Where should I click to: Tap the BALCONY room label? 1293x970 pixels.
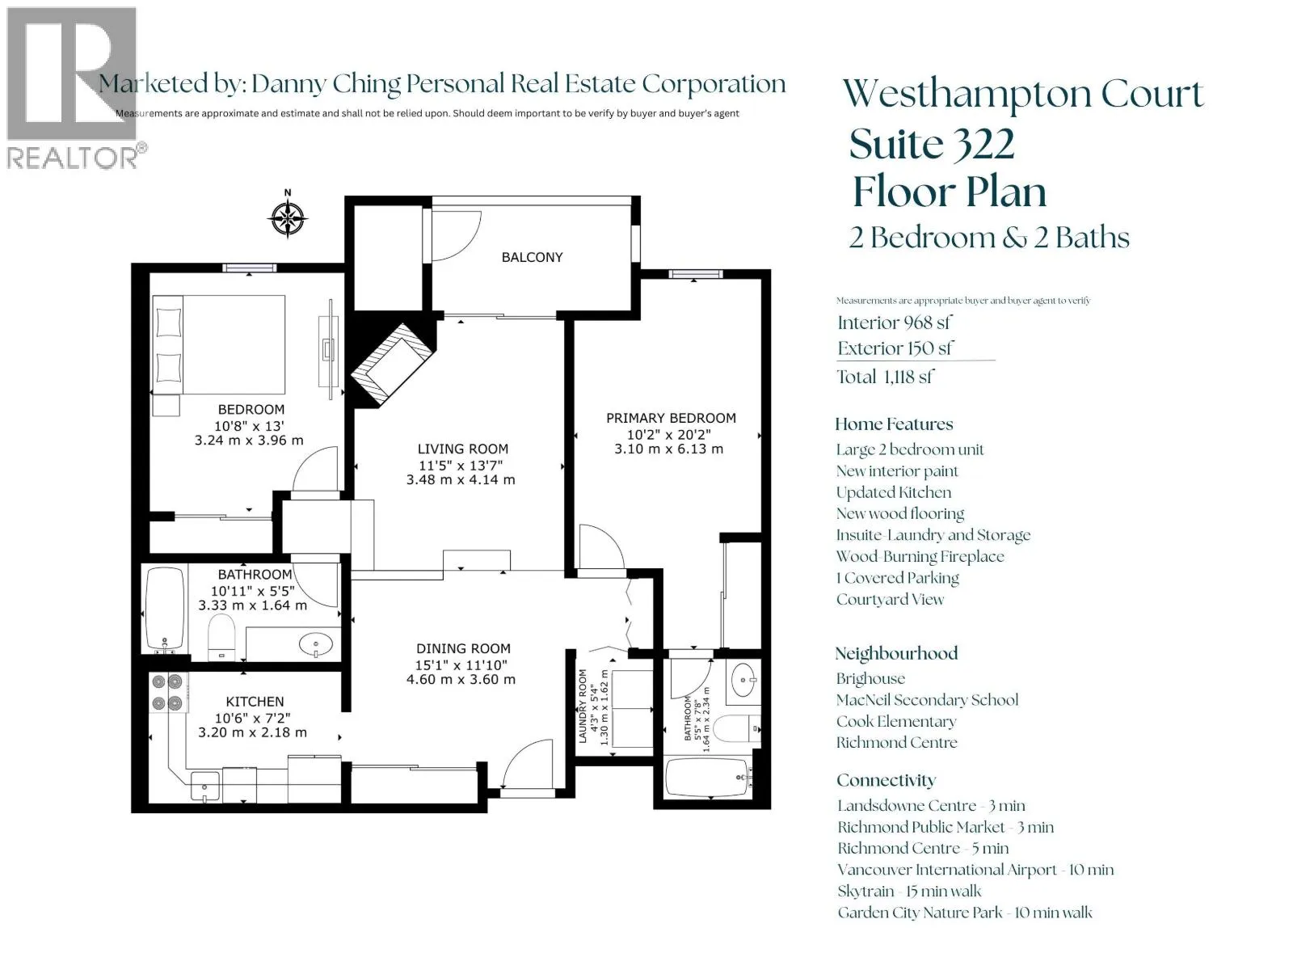(x=531, y=257)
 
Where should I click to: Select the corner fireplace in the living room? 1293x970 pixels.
(x=392, y=364)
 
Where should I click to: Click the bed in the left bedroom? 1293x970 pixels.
(x=219, y=344)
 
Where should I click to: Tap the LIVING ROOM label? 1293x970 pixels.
(x=462, y=449)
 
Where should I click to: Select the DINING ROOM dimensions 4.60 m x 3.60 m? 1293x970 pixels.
(x=461, y=679)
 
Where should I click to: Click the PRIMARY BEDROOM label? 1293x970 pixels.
(x=671, y=418)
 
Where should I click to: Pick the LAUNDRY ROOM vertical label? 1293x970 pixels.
(x=583, y=706)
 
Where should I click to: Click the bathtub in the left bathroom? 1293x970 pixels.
(x=165, y=609)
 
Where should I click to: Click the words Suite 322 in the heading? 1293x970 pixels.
(x=932, y=144)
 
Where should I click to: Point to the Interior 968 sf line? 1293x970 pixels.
(x=895, y=323)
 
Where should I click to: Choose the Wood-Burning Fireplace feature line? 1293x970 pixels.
(x=920, y=556)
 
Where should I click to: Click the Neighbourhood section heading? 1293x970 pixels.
(x=896, y=653)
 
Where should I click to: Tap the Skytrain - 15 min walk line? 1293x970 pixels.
(x=909, y=891)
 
